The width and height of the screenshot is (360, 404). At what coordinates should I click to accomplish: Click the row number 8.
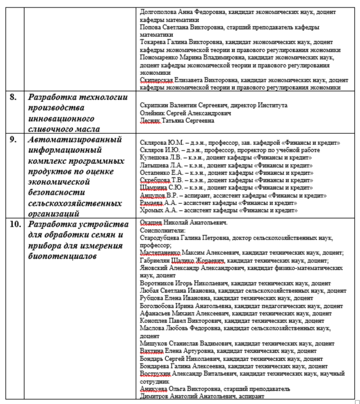pyautogui.click(x=12, y=97)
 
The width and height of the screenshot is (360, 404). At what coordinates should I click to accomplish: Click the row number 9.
pyautogui.click(x=12, y=140)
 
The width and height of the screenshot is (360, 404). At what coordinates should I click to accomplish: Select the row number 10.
pyautogui.click(x=14, y=225)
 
